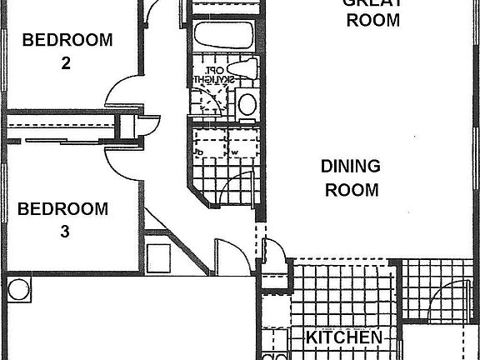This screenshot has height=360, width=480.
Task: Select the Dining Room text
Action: pos(351,177)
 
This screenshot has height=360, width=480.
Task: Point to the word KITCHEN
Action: pos(344,338)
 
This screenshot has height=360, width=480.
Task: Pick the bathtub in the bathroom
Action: pos(222,36)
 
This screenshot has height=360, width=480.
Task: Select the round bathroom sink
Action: pos(247,104)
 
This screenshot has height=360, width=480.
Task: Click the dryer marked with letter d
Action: pos(202,152)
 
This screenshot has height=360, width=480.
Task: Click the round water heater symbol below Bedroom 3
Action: pos(18,290)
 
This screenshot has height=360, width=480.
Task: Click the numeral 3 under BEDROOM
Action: pos(64,232)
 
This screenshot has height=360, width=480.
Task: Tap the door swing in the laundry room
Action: pos(237,185)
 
